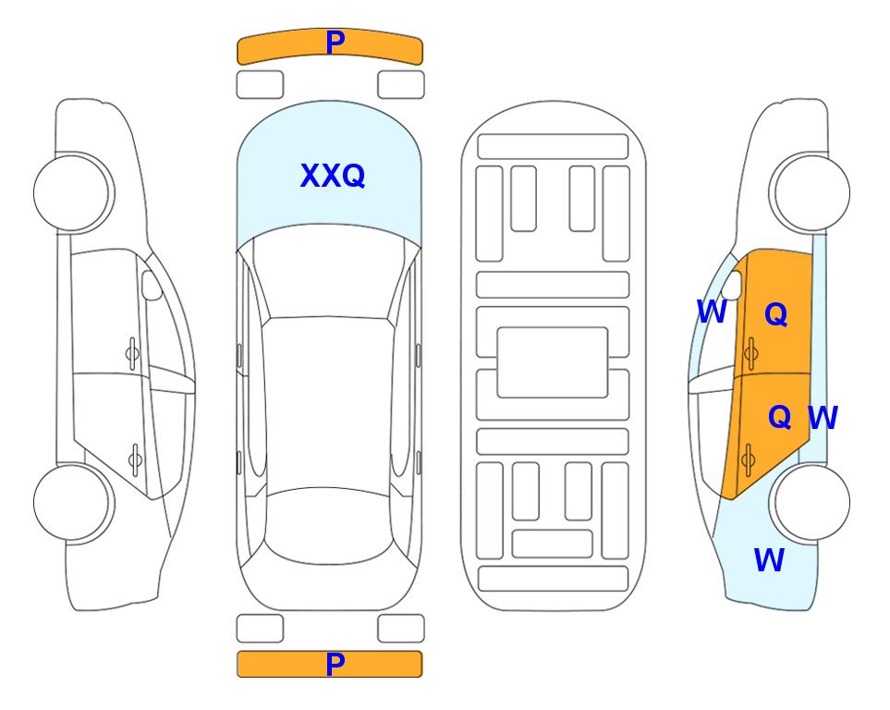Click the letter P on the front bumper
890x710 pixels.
click(x=335, y=42)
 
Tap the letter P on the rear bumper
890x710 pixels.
click(x=335, y=664)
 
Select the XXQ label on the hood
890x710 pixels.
click(x=332, y=176)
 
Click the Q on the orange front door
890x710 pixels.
click(x=776, y=313)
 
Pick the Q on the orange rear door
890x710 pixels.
click(x=779, y=417)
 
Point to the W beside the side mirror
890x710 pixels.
click(x=712, y=312)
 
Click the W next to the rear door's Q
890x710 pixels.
click(x=823, y=418)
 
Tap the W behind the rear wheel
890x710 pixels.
click(x=769, y=560)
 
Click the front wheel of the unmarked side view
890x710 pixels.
click(x=72, y=192)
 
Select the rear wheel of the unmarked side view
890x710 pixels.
click(x=72, y=502)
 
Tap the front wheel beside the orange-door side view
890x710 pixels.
click(x=811, y=192)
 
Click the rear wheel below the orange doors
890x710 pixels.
click(x=811, y=502)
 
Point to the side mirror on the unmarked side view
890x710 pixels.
click(x=152, y=285)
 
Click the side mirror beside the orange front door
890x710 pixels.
click(x=732, y=285)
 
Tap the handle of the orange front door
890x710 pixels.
click(x=751, y=353)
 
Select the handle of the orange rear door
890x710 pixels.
click(x=748, y=459)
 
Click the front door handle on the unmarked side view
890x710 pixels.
click(x=132, y=353)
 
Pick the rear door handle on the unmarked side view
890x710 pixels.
click(x=135, y=459)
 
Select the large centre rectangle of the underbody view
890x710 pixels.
click(x=553, y=362)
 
